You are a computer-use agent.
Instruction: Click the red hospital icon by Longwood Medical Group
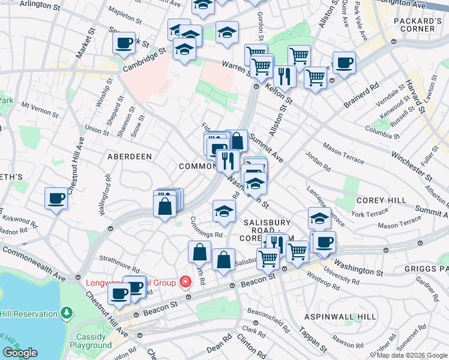point(186,283)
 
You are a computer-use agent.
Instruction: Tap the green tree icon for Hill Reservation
point(67,313)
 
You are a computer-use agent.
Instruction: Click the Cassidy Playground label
point(91,341)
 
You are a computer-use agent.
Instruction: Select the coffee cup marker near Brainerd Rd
point(344,62)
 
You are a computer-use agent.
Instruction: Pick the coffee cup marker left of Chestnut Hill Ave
point(56,198)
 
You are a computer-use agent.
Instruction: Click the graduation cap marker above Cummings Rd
point(223,211)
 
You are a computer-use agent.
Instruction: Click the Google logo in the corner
point(20,353)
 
